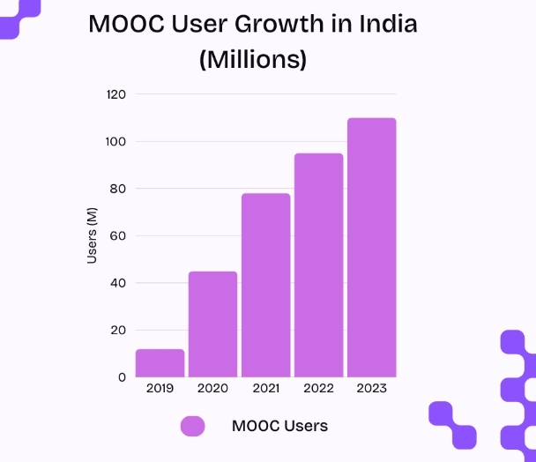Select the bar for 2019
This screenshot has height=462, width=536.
[x=160, y=363]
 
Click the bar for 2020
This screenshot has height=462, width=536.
[x=212, y=324]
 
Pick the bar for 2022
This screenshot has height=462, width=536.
[x=318, y=265]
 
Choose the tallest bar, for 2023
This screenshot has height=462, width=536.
[x=371, y=248]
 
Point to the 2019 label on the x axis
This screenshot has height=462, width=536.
[x=160, y=388]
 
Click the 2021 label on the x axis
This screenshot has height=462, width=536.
[x=265, y=388]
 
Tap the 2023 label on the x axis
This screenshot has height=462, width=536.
[x=371, y=388]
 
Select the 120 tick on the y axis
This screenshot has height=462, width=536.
[x=115, y=94]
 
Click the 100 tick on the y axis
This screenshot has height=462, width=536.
[x=115, y=142]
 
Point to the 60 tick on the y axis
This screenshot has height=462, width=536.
[x=118, y=236]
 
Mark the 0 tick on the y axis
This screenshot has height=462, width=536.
[x=122, y=377]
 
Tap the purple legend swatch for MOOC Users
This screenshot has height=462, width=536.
[x=192, y=426]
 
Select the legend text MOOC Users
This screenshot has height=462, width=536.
[x=279, y=426]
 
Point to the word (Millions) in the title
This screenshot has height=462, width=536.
[x=253, y=59]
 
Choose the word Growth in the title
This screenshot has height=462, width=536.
[x=286, y=24]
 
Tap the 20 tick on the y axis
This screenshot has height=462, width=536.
[x=118, y=331]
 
